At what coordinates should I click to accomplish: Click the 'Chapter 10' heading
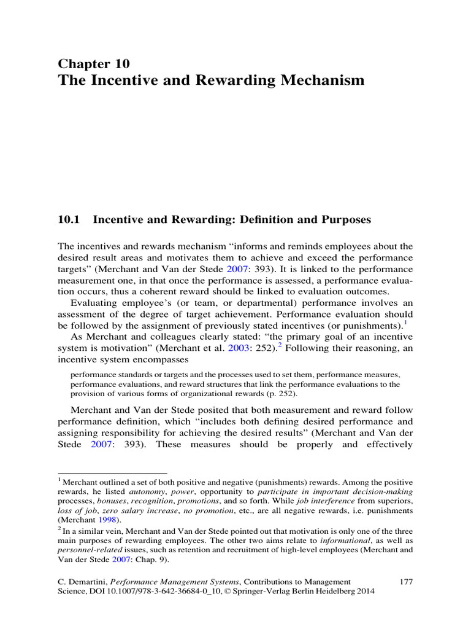pos(93,64)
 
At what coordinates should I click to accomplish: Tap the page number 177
pos(404,581)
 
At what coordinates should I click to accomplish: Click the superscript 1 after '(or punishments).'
pos(405,322)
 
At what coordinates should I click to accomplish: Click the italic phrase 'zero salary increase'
pos(129,510)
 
